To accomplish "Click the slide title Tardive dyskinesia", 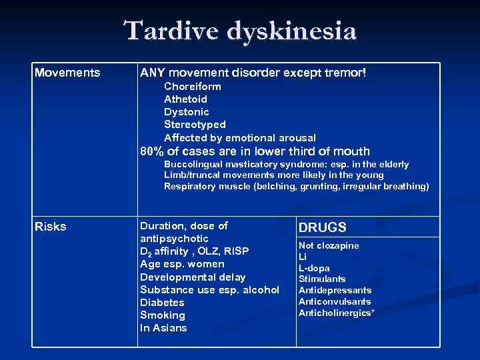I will (x=240, y=31).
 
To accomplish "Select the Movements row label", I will (x=67, y=72).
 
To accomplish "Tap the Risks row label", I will (x=51, y=227).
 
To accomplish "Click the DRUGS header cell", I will (x=322, y=227).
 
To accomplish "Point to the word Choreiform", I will (x=193, y=87).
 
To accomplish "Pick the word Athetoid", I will (x=185, y=99).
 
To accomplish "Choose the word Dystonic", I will (x=187, y=112).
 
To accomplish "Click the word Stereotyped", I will (x=195, y=125).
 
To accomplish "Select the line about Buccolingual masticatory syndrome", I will (x=286, y=164).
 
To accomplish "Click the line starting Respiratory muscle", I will (x=296, y=187).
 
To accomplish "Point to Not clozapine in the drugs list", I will (x=329, y=246).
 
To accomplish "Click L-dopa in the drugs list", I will (x=314, y=268).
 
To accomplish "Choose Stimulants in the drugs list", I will (x=322, y=279).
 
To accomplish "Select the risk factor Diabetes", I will (x=162, y=302).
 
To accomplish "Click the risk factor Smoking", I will (x=163, y=315).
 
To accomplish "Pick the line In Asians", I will (x=163, y=327).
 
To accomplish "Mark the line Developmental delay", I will (x=193, y=277).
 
